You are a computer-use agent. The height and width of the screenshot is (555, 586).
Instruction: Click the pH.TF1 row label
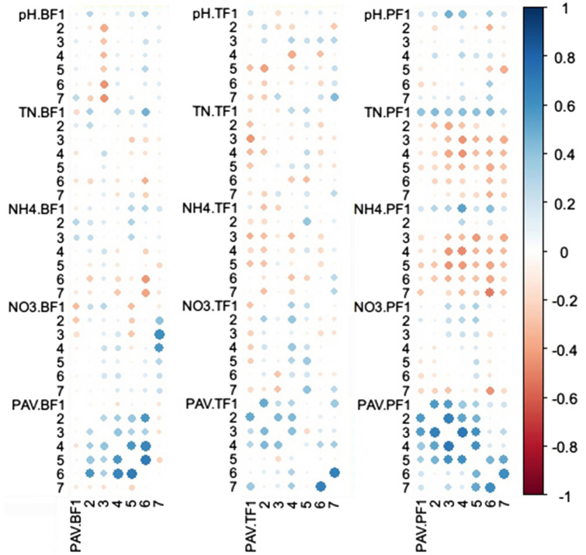point(217,14)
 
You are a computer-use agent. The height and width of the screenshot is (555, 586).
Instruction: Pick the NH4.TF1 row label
point(214,208)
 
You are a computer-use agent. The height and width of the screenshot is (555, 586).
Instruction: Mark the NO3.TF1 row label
point(214,306)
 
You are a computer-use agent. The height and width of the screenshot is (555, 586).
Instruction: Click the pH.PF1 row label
point(386,14)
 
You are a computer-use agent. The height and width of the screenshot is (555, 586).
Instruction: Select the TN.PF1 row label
point(386,113)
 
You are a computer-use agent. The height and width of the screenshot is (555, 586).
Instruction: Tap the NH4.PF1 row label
point(383,208)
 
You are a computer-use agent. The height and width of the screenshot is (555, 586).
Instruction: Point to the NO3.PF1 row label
point(383,306)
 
